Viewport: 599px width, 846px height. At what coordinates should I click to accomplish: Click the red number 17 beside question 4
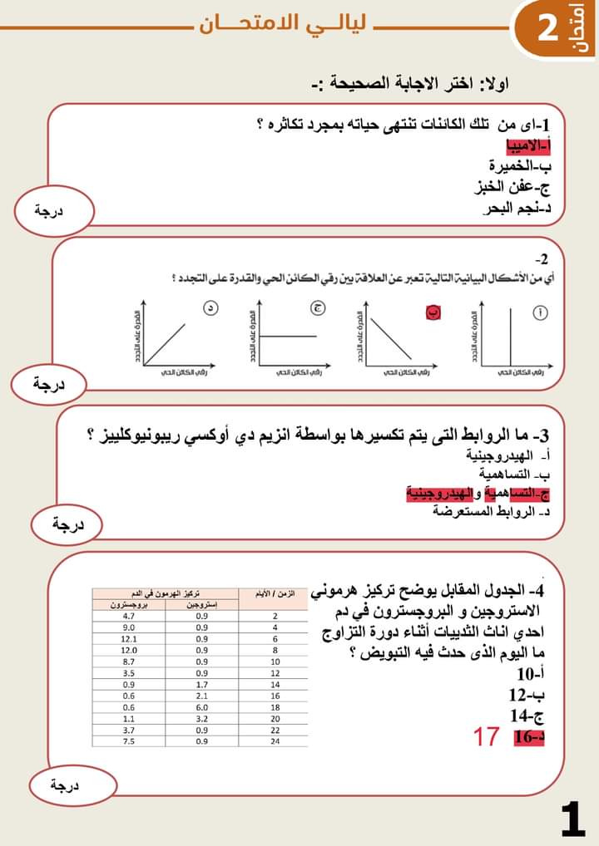(486, 736)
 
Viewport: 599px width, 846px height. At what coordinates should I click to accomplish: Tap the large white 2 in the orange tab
(547, 29)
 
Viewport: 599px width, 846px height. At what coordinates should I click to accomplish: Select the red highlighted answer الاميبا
(530, 146)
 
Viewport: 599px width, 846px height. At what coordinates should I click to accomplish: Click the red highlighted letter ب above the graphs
(433, 312)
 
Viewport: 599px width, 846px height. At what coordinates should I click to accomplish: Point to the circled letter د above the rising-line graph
(211, 309)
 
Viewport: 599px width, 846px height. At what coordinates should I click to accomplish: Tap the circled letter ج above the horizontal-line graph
(319, 309)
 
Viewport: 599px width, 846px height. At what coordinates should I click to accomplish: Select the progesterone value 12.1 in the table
(129, 639)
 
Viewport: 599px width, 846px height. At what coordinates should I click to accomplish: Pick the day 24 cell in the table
(275, 741)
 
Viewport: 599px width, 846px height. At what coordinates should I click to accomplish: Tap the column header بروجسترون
(129, 605)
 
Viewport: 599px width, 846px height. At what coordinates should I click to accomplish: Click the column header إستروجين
(201, 605)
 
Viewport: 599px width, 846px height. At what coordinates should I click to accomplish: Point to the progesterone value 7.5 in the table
(129, 741)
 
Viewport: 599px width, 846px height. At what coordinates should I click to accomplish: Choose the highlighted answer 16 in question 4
(528, 736)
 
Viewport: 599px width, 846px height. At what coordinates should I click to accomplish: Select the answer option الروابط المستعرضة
(491, 511)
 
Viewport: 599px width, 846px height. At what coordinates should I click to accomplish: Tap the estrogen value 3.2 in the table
(201, 718)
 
